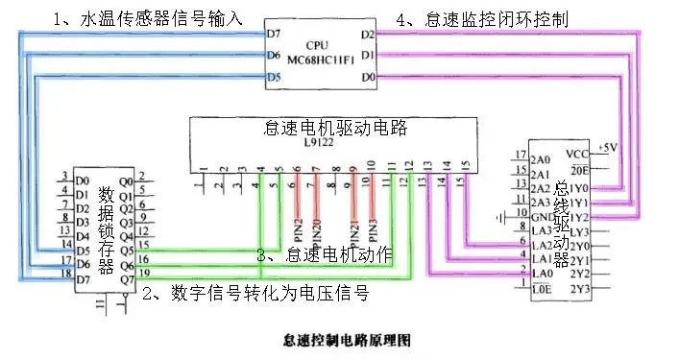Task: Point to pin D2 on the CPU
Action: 368,35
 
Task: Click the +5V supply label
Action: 608,147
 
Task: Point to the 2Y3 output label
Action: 578,289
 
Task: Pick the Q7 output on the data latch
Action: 125,279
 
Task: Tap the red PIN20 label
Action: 316,228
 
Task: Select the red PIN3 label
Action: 372,228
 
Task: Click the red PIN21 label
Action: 354,228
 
